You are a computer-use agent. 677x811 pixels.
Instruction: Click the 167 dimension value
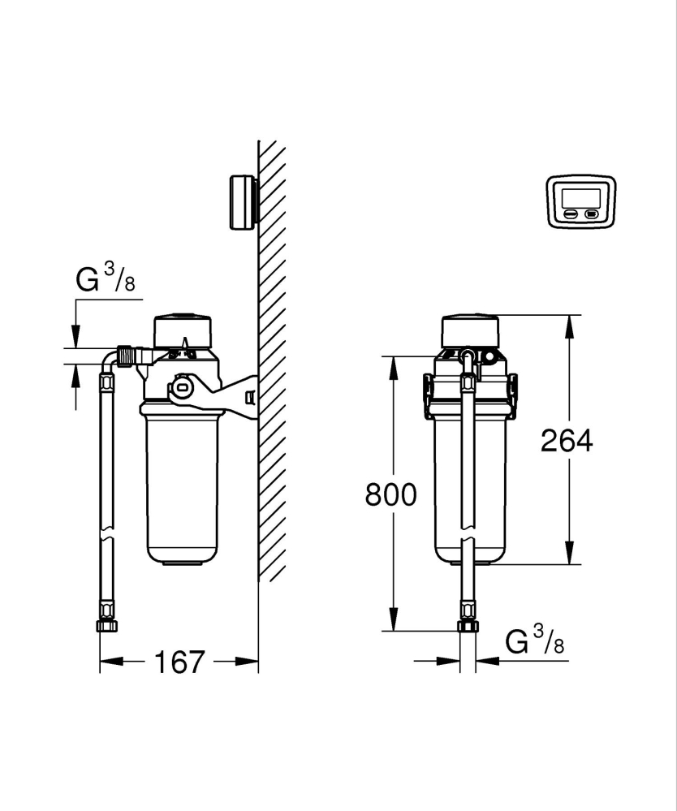tap(179, 662)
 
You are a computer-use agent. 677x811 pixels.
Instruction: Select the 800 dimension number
tap(390, 494)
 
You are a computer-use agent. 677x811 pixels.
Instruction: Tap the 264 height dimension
tap(567, 440)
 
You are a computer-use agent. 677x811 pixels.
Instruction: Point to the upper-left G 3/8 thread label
tap(105, 281)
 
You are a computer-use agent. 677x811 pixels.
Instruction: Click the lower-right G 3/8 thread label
tap(535, 642)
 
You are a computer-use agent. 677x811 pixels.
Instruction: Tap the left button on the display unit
tap(571, 215)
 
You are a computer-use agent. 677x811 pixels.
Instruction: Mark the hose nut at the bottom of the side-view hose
tap(106, 626)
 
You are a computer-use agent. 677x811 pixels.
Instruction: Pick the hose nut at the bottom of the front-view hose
tap(468, 626)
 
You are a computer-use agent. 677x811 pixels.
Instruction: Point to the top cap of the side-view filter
tap(183, 328)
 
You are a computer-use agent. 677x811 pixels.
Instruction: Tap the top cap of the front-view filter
tap(469, 328)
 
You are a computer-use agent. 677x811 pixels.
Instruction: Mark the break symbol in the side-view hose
tap(106, 538)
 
